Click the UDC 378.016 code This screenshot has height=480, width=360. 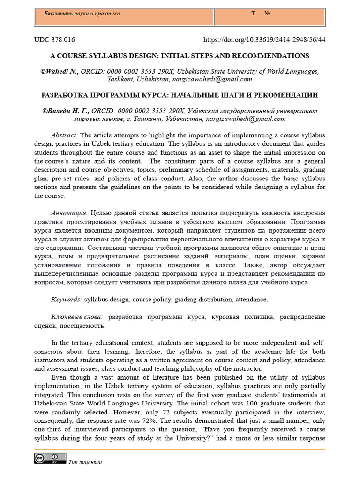click(x=54, y=40)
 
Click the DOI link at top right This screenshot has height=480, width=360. click(x=264, y=40)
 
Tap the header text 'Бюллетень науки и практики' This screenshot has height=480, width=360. click(x=82, y=14)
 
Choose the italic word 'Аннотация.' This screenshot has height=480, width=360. click(x=69, y=213)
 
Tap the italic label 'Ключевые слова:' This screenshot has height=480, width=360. click(x=79, y=317)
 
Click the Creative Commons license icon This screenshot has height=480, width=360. click(x=49, y=458)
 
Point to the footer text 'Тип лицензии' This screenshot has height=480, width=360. click(x=85, y=462)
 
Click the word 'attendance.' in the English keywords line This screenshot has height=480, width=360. click(x=252, y=299)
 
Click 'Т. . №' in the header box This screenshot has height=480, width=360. click(x=261, y=14)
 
